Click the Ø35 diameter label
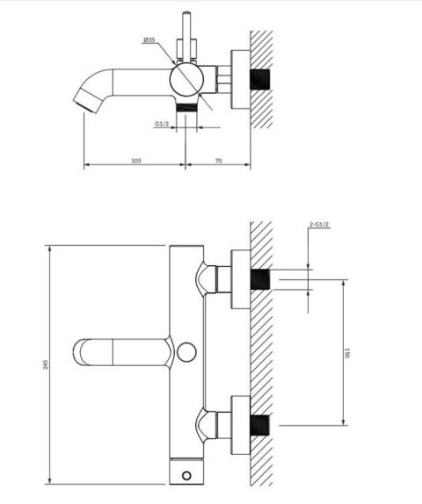[x=149, y=40]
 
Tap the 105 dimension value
[x=136, y=161]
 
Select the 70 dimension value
[x=218, y=161]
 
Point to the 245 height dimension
[x=46, y=364]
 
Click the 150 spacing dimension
[x=346, y=352]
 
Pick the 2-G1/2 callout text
[x=319, y=225]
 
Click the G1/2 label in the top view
[x=162, y=124]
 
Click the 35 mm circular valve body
[x=186, y=79]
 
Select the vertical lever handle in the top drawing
[x=186, y=36]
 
